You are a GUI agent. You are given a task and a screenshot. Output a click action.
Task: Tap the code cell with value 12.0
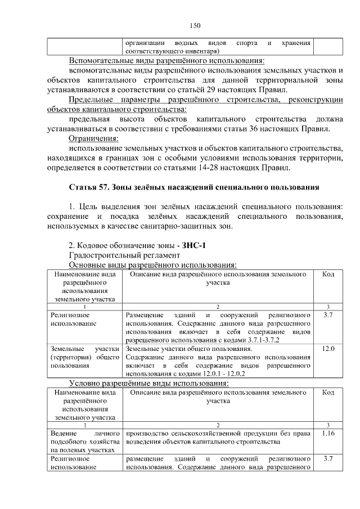click(328, 349)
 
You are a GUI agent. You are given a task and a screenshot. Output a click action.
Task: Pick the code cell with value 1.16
click(328, 434)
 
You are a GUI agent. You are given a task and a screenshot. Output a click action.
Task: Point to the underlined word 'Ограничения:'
click(93, 138)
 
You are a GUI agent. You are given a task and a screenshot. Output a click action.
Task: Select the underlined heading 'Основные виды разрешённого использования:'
click(152, 265)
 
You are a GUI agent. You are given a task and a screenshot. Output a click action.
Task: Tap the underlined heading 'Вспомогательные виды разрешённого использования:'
click(166, 61)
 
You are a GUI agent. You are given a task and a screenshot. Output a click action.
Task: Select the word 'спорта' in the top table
click(247, 42)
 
